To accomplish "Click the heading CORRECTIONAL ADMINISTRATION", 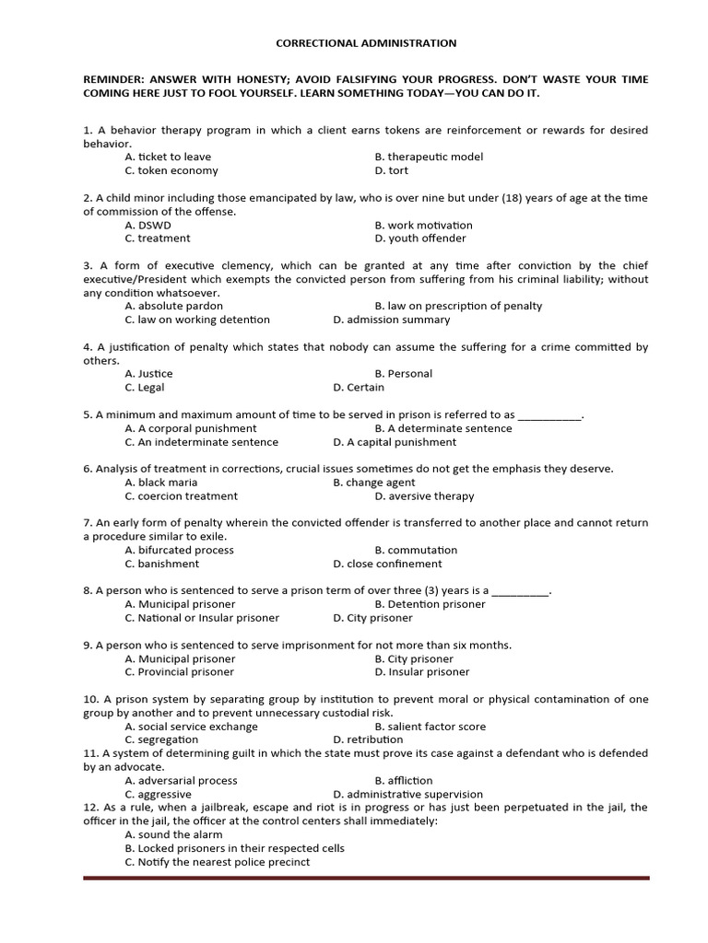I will pos(367,43).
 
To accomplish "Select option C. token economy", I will pos(171,170).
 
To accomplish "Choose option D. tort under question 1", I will pos(391,170).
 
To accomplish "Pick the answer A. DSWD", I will pos(147,225).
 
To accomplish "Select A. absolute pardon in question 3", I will pos(173,306).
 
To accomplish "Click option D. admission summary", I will pos(392,320).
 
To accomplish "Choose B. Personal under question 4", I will pos(403,374).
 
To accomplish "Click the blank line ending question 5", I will pos(549,415).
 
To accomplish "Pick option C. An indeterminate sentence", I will pos(201,442).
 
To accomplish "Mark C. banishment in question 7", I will pos(161,564).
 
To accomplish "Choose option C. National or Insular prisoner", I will pos(202,618).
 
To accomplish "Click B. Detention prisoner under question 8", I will pos(430,604).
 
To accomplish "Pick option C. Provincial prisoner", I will pos(179,672).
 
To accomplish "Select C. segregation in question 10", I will pos(161,739).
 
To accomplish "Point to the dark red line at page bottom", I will pos(366,878).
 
